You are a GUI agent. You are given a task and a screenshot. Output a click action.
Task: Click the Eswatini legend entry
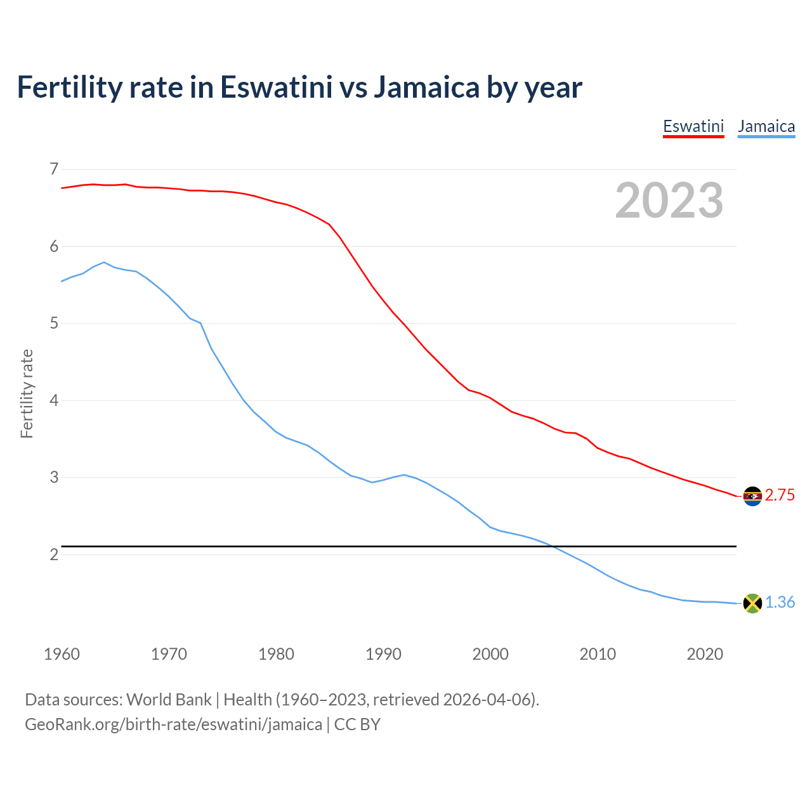coord(693,126)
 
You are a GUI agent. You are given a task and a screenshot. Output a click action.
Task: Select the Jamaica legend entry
coord(766,126)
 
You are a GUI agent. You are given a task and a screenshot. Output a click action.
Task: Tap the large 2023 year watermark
coord(669,200)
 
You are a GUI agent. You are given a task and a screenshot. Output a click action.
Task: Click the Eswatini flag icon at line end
coord(752,496)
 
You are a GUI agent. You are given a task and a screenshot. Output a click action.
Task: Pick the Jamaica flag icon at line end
coord(752,603)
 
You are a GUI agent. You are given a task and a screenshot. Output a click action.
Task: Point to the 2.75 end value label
coord(780,495)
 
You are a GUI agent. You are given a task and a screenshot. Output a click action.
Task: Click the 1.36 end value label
coord(780,603)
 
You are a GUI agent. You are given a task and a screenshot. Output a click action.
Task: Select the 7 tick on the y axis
coord(54,169)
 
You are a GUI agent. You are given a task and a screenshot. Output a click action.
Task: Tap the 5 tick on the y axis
coord(54,324)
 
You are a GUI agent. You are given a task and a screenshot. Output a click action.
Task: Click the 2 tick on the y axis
coord(54,554)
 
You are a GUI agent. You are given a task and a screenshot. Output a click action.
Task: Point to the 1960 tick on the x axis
coord(62,654)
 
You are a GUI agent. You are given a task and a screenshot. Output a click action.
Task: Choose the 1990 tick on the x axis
coord(383,654)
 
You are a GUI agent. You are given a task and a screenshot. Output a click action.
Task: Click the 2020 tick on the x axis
coord(705,654)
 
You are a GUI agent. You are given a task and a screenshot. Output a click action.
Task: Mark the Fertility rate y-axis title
coord(27,393)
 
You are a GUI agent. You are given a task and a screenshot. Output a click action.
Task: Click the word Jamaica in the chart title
coord(426,88)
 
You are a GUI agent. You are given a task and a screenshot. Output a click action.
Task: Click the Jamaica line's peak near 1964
coord(104,262)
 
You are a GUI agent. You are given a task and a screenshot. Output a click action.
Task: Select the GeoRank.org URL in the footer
coord(173,724)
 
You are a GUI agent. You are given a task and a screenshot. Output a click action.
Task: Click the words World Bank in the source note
coord(169,700)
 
